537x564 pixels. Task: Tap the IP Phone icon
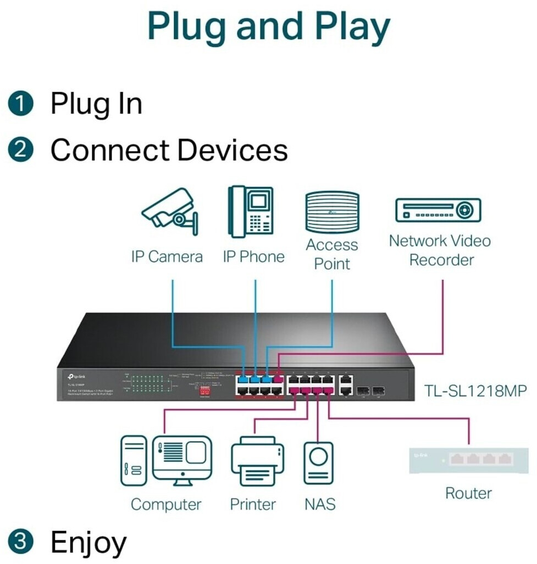[251, 211]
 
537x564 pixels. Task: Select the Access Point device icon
[332, 213]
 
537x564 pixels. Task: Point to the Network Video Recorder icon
[438, 210]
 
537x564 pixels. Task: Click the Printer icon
[257, 461]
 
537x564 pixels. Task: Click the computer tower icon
[134, 460]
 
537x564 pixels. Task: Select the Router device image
[468, 459]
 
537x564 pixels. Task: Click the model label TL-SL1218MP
[475, 391]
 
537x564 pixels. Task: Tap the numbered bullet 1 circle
[21, 104]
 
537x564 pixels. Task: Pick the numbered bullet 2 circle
[21, 150]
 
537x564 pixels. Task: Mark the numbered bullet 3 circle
[21, 542]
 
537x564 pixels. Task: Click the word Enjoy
[88, 543]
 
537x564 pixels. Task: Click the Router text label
[468, 493]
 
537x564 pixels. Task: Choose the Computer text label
[166, 504]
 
